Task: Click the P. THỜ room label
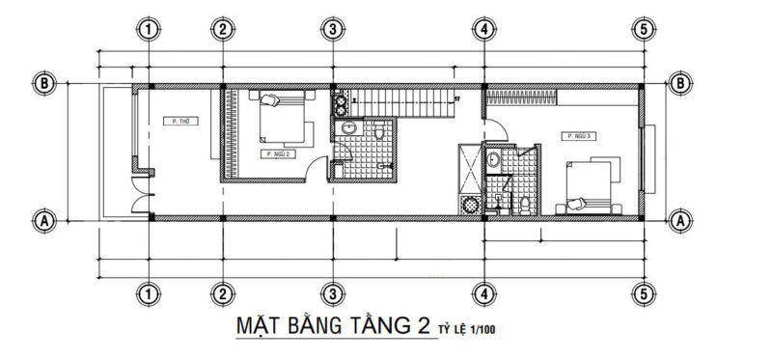click(178, 122)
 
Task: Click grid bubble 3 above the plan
click(331, 29)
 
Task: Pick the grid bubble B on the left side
click(43, 83)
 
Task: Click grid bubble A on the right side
click(681, 220)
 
